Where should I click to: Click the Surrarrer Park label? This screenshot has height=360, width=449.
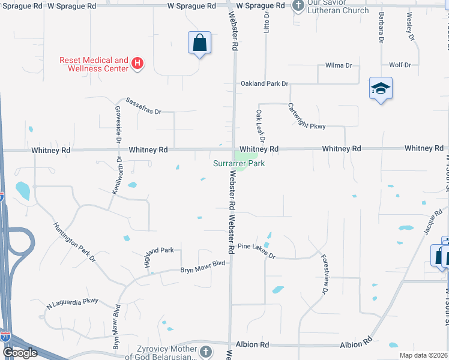tap(239, 163)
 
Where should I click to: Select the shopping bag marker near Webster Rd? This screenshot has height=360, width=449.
tap(200, 43)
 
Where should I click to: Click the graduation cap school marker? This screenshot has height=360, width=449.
tap(381, 89)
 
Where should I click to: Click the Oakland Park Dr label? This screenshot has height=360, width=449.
tap(264, 84)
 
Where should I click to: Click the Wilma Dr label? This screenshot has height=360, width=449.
tap(338, 65)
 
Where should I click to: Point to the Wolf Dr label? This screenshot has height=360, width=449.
tap(400, 65)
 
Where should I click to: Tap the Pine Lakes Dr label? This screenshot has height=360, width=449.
tap(256, 251)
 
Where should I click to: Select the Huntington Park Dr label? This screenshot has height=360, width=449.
tap(74, 242)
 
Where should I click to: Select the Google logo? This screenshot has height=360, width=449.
tap(20, 353)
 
